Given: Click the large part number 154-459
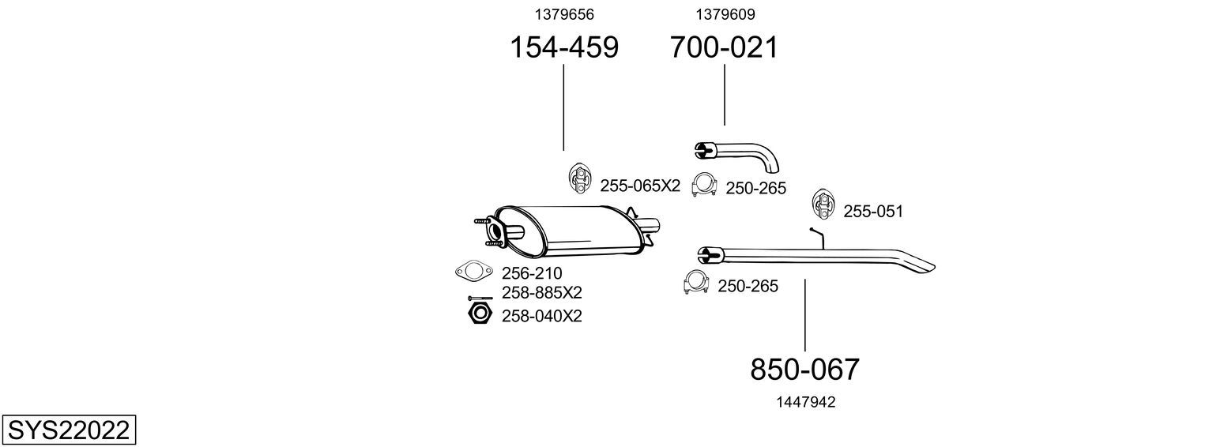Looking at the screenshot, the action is (564, 47).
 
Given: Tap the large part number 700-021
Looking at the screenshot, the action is (725, 47).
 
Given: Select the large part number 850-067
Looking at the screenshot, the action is (804, 370).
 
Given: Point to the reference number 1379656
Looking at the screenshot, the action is (564, 14).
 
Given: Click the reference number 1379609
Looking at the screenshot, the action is (725, 14).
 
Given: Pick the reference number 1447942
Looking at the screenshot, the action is (806, 402).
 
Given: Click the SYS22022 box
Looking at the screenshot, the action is (69, 430).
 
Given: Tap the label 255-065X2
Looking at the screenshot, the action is (640, 186).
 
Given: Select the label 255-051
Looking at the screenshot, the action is (873, 212).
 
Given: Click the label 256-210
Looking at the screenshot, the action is (532, 272).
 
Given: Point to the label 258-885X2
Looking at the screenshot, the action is (542, 293).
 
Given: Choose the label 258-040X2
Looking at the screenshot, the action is (542, 316).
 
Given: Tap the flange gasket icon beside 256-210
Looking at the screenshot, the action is (474, 271).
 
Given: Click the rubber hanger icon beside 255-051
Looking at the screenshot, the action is (822, 205).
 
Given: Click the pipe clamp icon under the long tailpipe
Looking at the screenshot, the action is (695, 282).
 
